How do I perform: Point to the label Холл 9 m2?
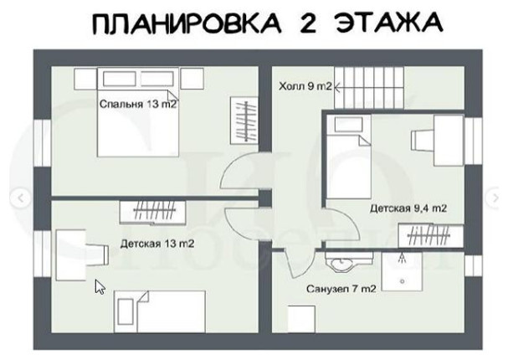pyautogui.click(x=305, y=85)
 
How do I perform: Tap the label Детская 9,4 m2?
pyautogui.click(x=408, y=208)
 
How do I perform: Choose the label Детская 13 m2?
pyautogui.click(x=157, y=244)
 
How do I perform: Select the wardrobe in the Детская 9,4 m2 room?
pyautogui.click(x=429, y=238)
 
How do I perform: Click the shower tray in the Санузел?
pyautogui.click(x=404, y=272)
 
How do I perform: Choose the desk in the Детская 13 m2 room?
pyautogui.click(x=72, y=255)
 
